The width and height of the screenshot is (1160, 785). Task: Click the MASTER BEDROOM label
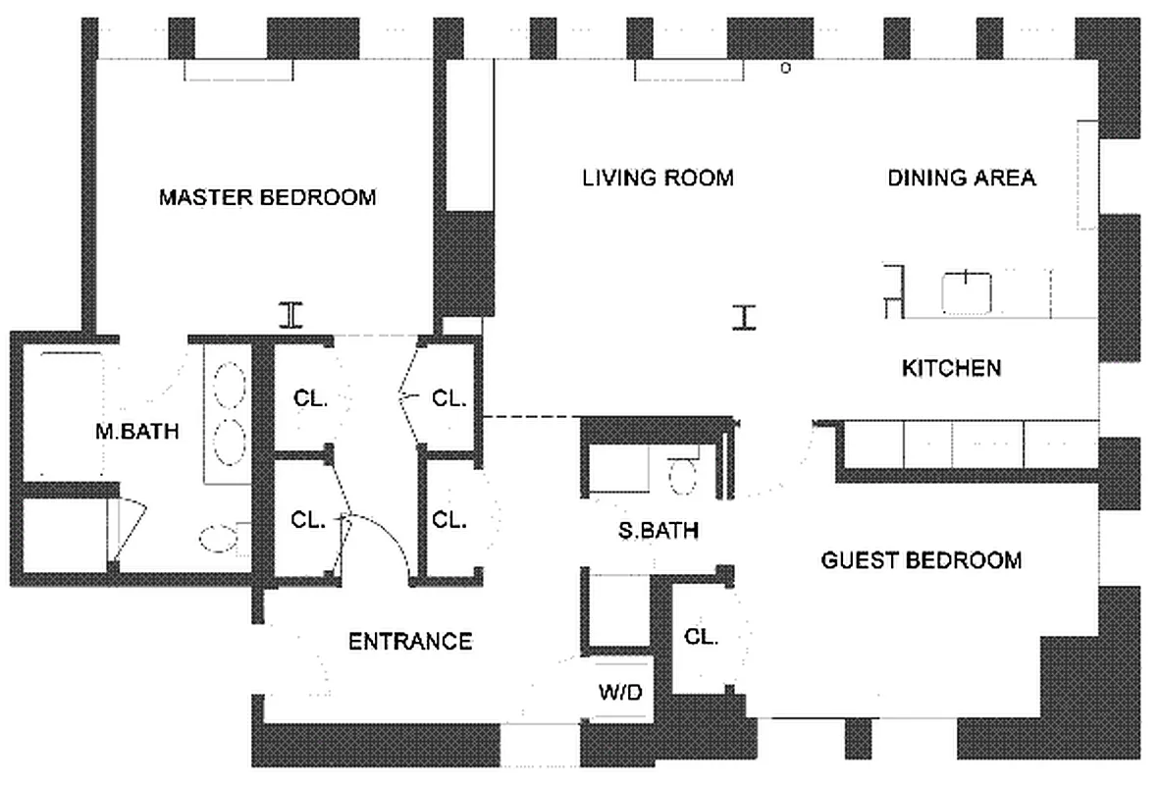(x=267, y=197)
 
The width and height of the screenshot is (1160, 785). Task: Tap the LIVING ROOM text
(x=658, y=178)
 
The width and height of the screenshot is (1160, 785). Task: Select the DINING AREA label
(x=962, y=178)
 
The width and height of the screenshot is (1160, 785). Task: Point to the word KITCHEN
(x=951, y=368)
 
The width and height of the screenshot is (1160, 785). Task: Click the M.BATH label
(x=137, y=430)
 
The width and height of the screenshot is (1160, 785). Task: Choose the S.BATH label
(x=658, y=531)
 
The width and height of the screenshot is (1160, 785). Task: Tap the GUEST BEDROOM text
(x=921, y=560)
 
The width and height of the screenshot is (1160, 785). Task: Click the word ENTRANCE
(x=410, y=642)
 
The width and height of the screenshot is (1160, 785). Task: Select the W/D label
(x=620, y=693)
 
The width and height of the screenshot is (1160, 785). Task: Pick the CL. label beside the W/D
(x=702, y=636)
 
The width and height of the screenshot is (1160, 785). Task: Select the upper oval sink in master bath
(x=229, y=382)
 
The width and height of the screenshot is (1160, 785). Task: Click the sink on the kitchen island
(x=967, y=292)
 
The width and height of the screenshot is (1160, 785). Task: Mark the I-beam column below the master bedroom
(x=290, y=315)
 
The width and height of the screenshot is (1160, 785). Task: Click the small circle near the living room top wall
(x=784, y=69)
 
